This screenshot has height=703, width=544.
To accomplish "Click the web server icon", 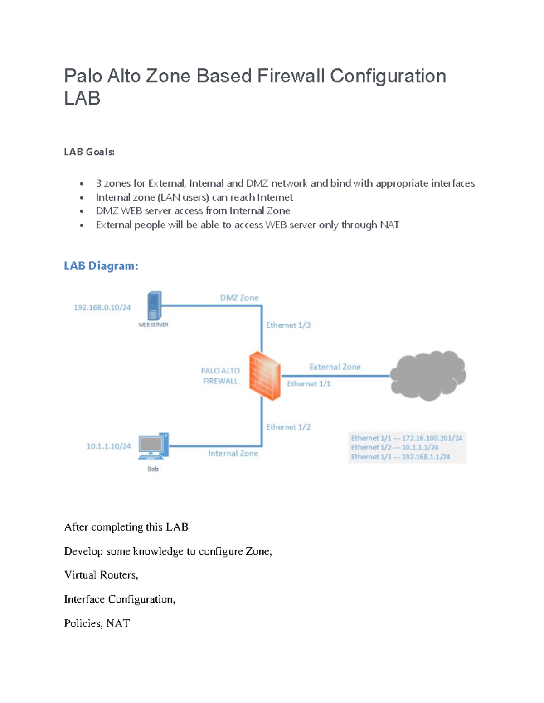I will pos(154,306).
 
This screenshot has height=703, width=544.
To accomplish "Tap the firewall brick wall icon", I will pos(265,376).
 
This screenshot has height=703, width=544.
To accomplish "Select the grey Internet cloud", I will pos(428,375).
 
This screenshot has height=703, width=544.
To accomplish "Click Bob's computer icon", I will pos(153,446).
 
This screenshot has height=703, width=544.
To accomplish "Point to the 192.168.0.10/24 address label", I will pos(102,307).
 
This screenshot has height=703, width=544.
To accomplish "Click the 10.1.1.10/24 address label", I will pos(108,446).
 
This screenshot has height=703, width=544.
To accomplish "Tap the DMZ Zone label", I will pos(239,297).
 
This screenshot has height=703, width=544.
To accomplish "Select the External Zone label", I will pos(335,367).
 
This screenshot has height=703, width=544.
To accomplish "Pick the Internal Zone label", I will pos(233,453).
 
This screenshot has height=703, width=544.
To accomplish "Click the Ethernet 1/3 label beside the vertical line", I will pos(288,325).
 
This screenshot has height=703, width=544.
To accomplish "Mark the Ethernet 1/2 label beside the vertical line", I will pos(288,427).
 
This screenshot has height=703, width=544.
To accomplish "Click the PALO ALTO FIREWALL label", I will pos(220,376).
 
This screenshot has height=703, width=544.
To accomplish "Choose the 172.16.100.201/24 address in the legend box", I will pos(432,438).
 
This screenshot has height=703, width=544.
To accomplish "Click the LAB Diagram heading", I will pos(101,266).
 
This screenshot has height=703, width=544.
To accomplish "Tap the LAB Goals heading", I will pos(89,152).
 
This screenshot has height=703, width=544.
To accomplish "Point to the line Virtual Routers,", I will pos(101,575).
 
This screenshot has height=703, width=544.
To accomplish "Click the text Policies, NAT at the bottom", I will pos(97,623).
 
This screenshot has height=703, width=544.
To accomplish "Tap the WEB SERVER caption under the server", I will pos(153,325).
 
